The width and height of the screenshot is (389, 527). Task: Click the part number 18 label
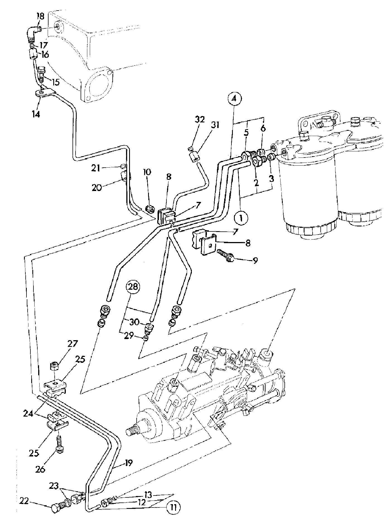[40, 16]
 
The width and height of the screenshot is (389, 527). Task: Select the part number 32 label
[200, 120]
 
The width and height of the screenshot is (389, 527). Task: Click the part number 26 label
[41, 469]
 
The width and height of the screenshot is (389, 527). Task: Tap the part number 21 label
[96, 168]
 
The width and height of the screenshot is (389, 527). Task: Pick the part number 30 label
[134, 322]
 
